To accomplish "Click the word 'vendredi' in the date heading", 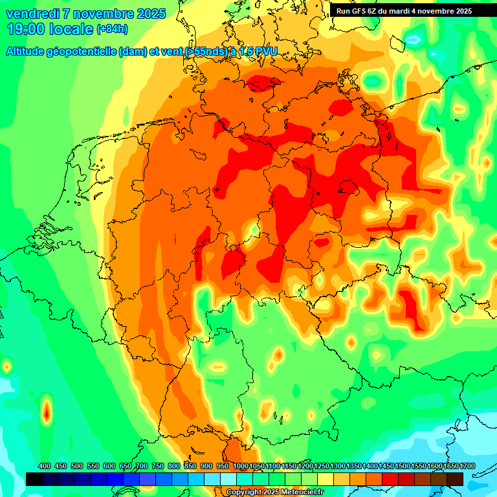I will click(32, 14).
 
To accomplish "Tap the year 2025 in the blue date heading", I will click(149, 14).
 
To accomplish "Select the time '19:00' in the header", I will click(27, 29).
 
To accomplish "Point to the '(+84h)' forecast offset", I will click(112, 29).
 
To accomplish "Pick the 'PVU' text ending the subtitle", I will click(265, 51).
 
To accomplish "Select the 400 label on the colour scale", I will click(45, 467).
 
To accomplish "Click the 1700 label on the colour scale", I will click(450, 467).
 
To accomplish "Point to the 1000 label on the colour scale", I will click(240, 467).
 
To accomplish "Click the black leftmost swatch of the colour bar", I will click(34, 479).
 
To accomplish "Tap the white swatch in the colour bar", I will click(228, 479).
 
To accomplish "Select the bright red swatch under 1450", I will click(390, 479).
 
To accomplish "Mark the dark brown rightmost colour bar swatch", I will click(455, 479).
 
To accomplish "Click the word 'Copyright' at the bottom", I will click(243, 492).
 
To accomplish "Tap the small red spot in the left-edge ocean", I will click(47, 411).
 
